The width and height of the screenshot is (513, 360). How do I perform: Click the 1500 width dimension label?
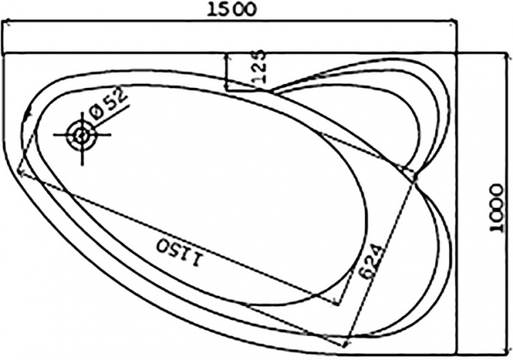click(232, 9)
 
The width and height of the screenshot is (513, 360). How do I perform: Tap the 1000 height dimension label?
click(497, 208)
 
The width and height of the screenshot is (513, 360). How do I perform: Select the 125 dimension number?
click(259, 66)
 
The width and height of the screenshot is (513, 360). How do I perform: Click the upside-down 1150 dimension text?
click(180, 252)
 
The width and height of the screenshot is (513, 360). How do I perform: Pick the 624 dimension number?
click(369, 261)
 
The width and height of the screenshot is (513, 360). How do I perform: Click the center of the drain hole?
click(81, 134)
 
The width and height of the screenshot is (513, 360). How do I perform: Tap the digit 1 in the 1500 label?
click(212, 9)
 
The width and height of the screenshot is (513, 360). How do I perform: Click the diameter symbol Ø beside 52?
click(97, 113)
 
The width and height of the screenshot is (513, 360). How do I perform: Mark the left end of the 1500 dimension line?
click(4, 23)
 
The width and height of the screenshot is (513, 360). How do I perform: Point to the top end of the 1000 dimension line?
click(508, 55)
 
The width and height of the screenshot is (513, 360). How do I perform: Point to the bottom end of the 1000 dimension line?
click(508, 352)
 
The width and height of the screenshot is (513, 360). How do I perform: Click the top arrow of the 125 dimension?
click(227, 55)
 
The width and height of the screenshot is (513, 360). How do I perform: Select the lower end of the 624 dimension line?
click(345, 345)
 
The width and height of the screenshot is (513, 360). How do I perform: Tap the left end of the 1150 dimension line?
click(20, 170)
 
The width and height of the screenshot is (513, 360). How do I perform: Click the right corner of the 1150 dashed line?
click(339, 304)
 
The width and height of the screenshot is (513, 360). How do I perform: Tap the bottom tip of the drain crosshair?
click(82, 164)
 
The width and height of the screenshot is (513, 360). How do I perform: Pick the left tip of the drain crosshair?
click(55, 134)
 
